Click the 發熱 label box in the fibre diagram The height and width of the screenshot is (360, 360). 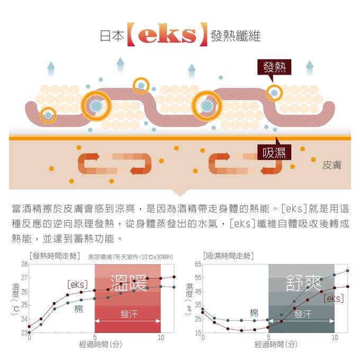[274, 68]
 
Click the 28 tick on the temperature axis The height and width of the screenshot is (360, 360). [24, 264]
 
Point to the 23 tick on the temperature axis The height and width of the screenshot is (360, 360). [24, 333]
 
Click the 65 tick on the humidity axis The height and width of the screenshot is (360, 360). [197, 264]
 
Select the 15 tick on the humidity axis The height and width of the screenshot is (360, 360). [197, 333]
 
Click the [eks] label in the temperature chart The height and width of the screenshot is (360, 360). [77, 284]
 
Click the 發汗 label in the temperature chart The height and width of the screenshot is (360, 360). [129, 314]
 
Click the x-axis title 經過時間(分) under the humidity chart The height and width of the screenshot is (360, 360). [276, 345]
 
